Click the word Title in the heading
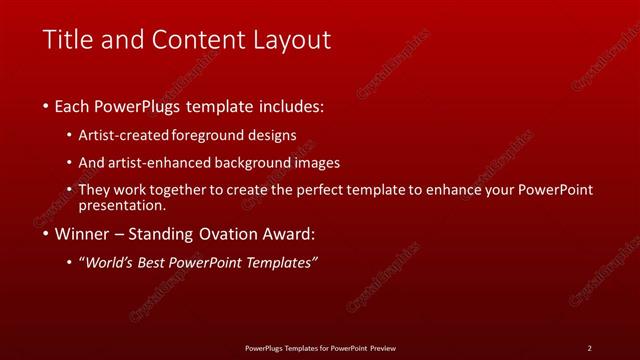pos(69,40)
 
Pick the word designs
pos(273,135)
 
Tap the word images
pos(321,162)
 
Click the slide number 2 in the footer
pos(589,348)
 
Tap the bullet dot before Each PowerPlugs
pos(46,106)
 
